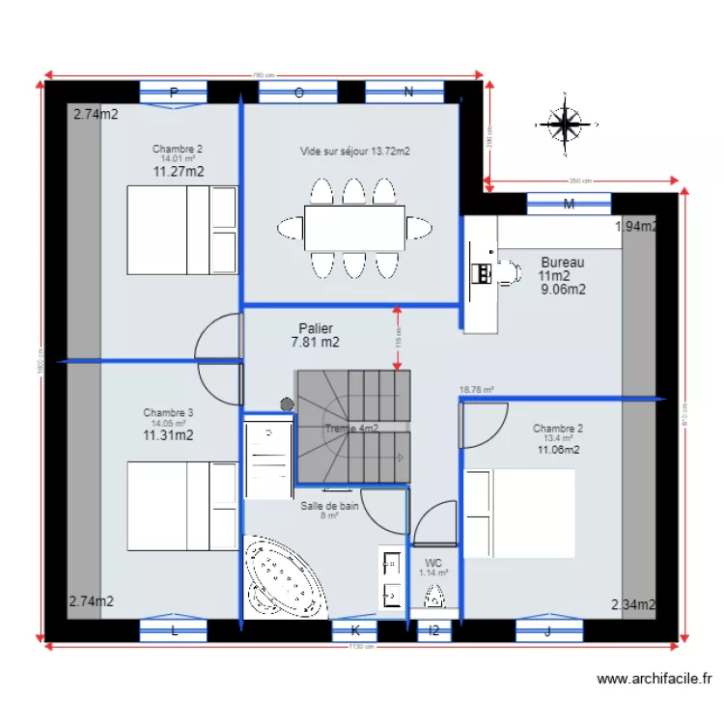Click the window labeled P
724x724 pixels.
tap(174, 93)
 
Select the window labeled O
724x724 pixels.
tap(298, 93)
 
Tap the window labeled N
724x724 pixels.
tap(408, 93)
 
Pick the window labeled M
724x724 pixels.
tap(569, 204)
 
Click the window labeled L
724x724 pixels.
tap(174, 630)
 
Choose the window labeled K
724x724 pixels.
tap(354, 630)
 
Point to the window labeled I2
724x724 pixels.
tap(433, 630)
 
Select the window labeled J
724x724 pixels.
tap(548, 630)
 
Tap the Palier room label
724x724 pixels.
tap(316, 329)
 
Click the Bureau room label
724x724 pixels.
tap(562, 262)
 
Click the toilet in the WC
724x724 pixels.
tap(435, 596)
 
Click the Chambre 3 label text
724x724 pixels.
tap(168, 412)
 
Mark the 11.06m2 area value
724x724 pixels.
tap(559, 450)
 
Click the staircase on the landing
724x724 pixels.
tap(353, 425)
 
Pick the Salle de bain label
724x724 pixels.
tap(329, 505)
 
